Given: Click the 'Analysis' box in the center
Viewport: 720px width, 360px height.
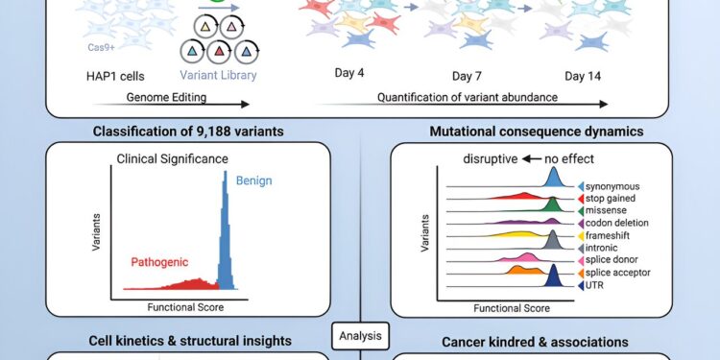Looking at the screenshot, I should pyautogui.click(x=360, y=336).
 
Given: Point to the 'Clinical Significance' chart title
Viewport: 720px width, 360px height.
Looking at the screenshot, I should pyautogui.click(x=174, y=158).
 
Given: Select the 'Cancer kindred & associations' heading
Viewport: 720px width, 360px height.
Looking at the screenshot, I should pyautogui.click(x=534, y=341).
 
